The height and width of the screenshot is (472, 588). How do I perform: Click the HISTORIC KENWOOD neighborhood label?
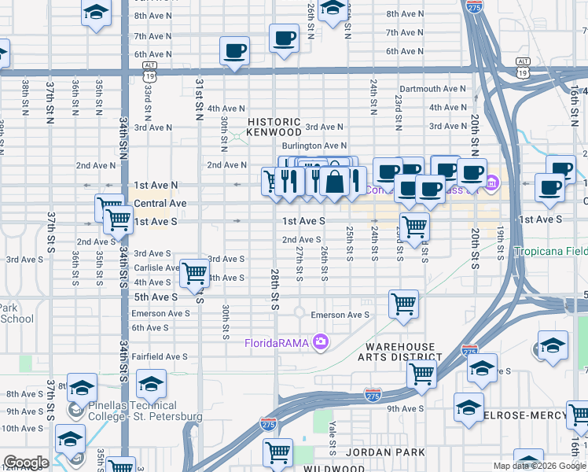coord(274,127)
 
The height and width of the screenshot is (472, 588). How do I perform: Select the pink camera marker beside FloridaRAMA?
coord(320,341)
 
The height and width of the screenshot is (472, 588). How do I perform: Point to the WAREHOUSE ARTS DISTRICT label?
coord(399,352)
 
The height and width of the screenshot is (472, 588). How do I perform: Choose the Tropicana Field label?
coord(550,252)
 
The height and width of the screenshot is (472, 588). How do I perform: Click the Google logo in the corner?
coord(25,463)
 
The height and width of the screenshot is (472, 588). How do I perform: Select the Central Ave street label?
coord(160,203)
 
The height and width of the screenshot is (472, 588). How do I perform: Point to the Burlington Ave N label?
coord(314,146)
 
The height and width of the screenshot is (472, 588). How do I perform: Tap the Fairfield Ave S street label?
coord(160,356)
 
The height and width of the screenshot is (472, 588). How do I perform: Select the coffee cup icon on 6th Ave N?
coord(233,51)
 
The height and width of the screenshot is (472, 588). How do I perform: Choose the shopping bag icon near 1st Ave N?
coord(335,181)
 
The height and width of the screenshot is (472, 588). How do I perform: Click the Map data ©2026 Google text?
coord(539,466)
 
